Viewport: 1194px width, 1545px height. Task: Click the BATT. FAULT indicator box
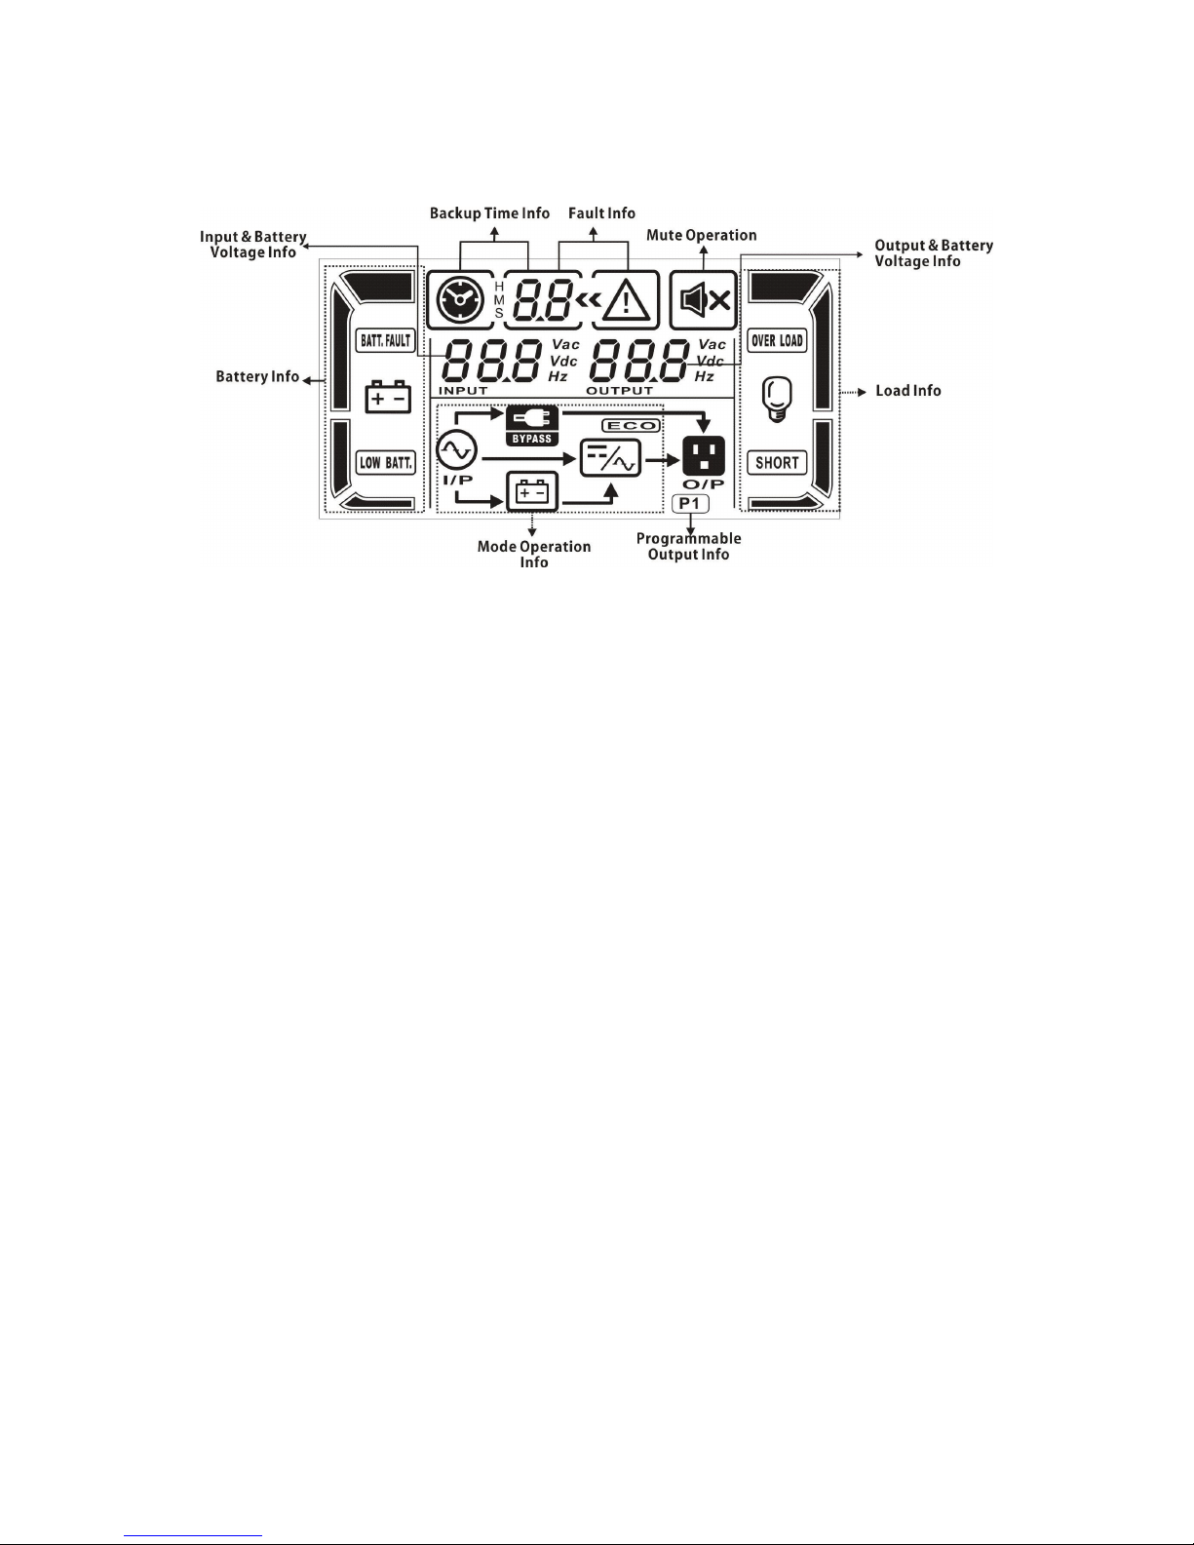tap(386, 340)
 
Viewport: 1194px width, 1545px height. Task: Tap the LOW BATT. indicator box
tap(386, 462)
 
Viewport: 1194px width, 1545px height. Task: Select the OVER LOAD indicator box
tap(777, 340)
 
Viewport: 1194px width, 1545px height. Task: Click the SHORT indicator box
tap(777, 462)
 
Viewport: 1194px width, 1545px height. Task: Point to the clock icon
tap(459, 299)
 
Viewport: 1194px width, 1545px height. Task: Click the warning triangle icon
tap(627, 300)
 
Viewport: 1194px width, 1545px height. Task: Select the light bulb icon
tap(777, 400)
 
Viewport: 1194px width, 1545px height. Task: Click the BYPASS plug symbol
tap(532, 419)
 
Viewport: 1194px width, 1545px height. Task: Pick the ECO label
tap(632, 426)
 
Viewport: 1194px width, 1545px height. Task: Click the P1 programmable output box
tap(690, 503)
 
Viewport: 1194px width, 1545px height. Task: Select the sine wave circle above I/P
tap(456, 449)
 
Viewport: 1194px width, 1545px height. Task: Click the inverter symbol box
tap(611, 457)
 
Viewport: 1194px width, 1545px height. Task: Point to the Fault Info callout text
tap(601, 213)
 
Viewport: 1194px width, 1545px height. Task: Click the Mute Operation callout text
tap(701, 235)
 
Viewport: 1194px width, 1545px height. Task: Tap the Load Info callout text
tap(908, 391)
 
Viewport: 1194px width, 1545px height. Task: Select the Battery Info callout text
tap(257, 377)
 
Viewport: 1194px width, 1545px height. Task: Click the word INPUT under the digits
tap(463, 391)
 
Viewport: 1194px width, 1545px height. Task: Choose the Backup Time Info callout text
tap(489, 213)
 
